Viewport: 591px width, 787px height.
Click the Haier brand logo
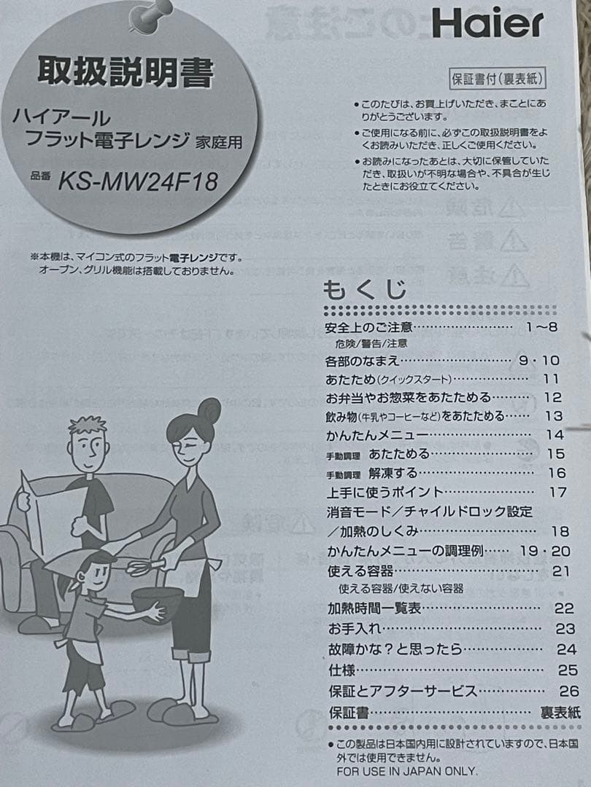tap(487, 23)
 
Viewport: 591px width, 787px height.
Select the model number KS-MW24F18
tap(138, 181)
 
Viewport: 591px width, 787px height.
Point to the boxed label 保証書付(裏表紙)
tap(497, 79)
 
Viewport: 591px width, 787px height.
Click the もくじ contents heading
tap(365, 289)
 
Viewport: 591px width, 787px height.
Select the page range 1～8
tap(541, 327)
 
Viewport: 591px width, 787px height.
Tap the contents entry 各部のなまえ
tap(362, 361)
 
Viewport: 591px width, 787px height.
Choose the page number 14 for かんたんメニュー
tap(555, 434)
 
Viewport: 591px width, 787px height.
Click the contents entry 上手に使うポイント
tap(385, 492)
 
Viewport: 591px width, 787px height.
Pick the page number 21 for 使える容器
tap(560, 571)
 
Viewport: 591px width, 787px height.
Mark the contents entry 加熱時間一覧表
tap(374, 608)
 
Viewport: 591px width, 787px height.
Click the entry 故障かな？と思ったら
tap(395, 649)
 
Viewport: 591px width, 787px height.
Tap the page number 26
tap(568, 691)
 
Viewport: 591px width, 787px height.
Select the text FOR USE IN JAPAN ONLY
tap(406, 771)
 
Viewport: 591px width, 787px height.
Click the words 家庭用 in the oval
tap(219, 143)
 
